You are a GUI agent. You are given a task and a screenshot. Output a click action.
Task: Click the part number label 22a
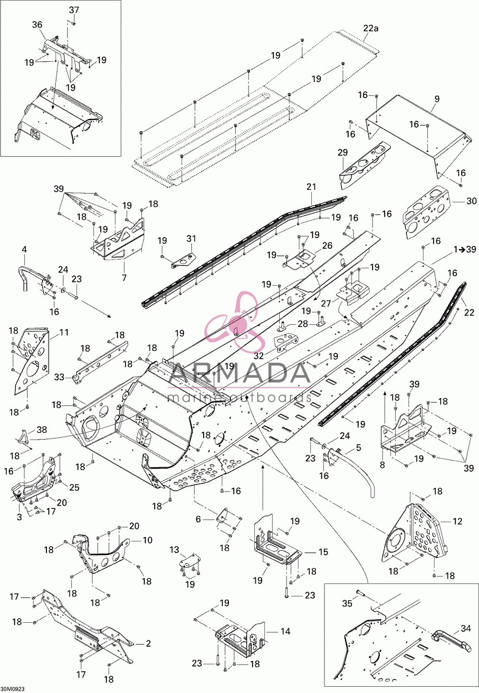point(371,29)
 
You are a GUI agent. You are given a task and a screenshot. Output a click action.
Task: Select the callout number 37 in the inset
point(74,10)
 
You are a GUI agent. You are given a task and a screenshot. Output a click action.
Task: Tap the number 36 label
point(37,25)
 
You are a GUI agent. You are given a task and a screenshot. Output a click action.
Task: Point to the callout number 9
point(437,99)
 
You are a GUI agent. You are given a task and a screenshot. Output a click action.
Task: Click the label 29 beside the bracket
point(342,153)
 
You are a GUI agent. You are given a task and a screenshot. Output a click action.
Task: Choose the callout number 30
point(471,201)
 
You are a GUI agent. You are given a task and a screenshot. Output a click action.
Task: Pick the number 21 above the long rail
point(311,187)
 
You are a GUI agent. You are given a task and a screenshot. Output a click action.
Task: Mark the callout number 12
point(457,521)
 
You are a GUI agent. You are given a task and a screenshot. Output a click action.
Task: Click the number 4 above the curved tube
point(24,249)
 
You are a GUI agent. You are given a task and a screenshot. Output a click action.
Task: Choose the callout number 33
point(59,377)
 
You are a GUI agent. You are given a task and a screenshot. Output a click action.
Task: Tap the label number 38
point(42,430)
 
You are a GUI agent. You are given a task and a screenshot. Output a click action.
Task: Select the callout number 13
point(174,550)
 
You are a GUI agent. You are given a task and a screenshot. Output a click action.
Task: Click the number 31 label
point(191,239)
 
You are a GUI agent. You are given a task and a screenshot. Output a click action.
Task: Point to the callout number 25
point(74,487)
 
